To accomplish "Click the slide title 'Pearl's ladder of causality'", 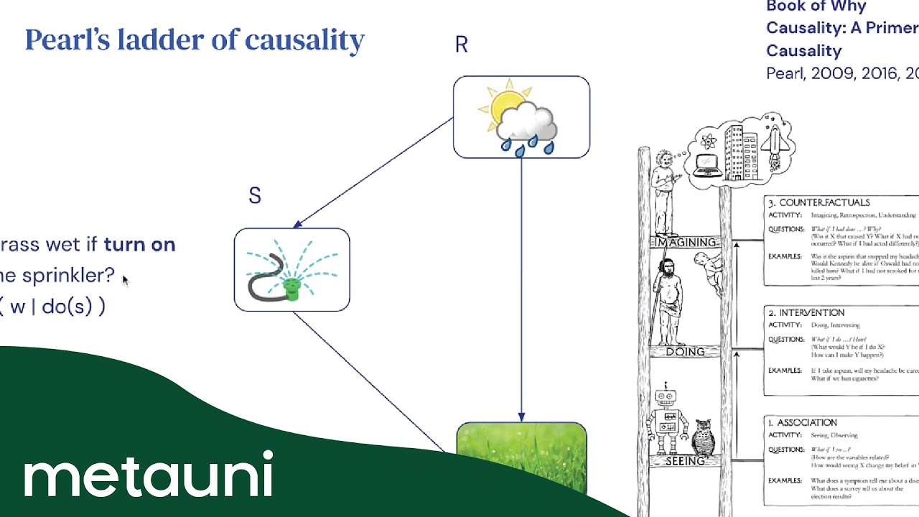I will pos(195,40).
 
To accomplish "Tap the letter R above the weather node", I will pos(461,45).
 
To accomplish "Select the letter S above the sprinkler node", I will pos(255,196).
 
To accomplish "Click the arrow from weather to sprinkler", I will pos(373,173).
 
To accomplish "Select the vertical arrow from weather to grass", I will pos(521,287).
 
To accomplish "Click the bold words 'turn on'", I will pos(139,244).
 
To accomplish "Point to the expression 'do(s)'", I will pos(67,307).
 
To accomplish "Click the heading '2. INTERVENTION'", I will pos(806,313).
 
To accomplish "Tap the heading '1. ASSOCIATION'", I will pos(803,423).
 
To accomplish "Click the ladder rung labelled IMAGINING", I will pos(686,243).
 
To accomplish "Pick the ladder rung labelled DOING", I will pos(685,352).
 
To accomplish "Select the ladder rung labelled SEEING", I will pos(685,461).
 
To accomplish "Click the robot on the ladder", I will pos(667,420).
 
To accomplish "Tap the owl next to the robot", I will pos(704,438).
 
